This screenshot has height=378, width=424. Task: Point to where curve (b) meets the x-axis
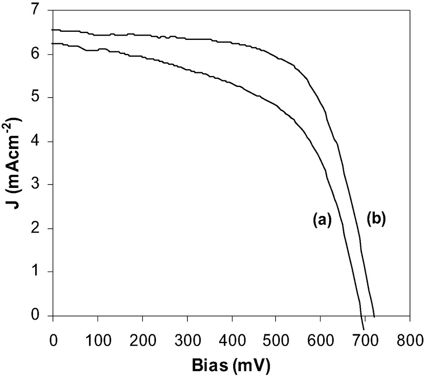pos(374,316)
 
